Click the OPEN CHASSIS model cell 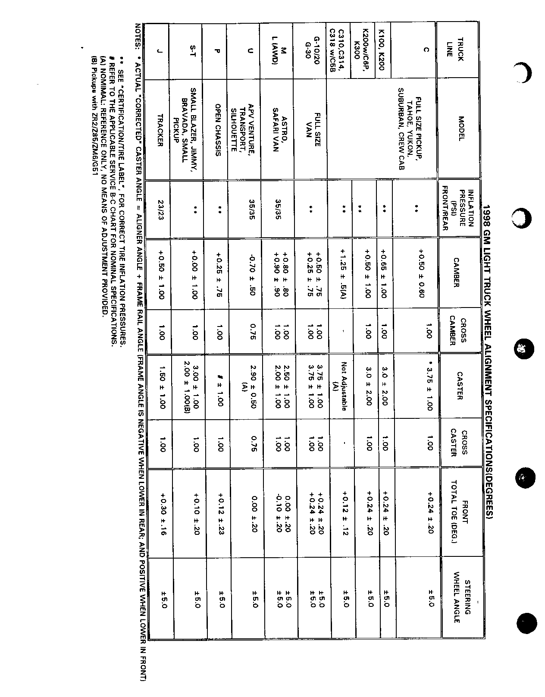(x=218, y=130)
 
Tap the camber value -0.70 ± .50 (x=253, y=272)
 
